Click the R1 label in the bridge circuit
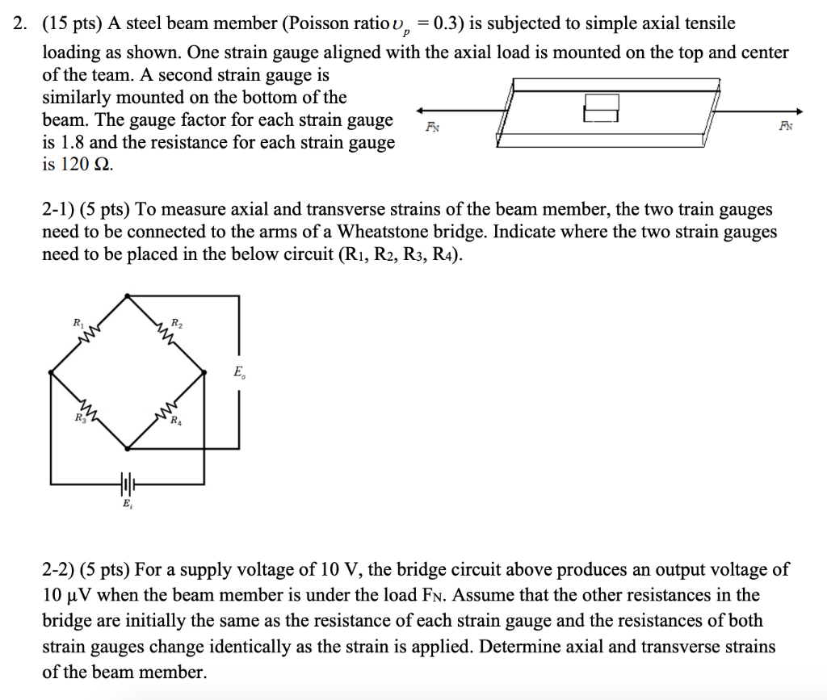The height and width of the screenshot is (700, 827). (x=78, y=322)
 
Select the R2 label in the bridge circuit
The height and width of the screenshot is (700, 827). (x=177, y=324)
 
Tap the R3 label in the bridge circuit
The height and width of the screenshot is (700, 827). (x=78, y=417)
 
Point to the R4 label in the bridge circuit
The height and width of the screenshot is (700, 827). (x=176, y=420)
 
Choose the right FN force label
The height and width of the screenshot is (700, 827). (x=786, y=126)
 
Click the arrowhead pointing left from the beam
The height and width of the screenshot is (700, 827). (x=421, y=112)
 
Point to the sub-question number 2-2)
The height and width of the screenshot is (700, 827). (x=60, y=570)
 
